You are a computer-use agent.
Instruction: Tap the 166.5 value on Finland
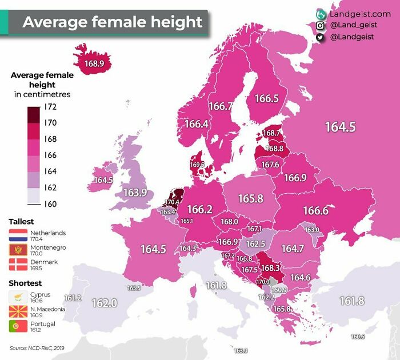[266, 98]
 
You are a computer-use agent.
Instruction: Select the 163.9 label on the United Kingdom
[135, 193]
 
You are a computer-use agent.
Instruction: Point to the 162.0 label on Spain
[104, 303]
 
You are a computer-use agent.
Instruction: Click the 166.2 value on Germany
[199, 209]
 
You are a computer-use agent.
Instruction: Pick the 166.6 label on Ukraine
[315, 211]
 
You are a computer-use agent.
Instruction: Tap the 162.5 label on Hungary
[255, 243]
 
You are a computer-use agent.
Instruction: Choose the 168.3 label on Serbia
[270, 267]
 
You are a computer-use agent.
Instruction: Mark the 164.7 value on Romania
[292, 249]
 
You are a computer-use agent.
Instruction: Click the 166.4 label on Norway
[196, 123]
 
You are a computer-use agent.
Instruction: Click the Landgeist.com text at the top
[360, 13]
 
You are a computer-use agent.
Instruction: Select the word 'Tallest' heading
[21, 221]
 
